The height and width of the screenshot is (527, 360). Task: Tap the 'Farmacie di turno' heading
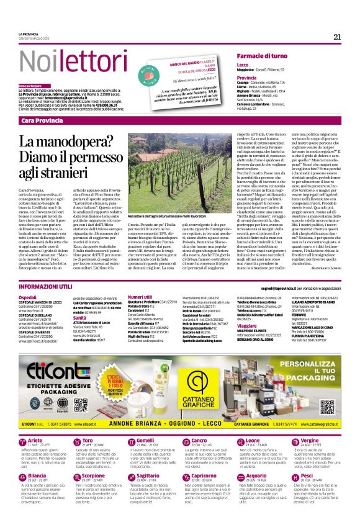click(261, 56)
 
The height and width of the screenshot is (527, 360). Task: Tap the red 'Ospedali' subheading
click(28, 298)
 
